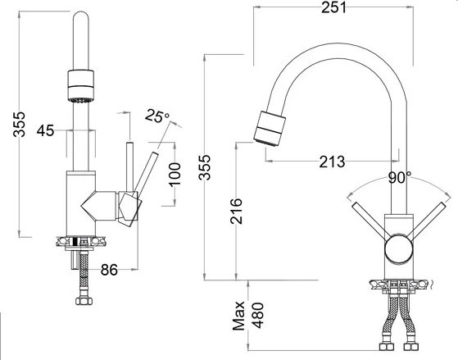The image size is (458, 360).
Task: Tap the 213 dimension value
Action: pos(332,160)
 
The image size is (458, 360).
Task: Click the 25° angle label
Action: pos(157,116)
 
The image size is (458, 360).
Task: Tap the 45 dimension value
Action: pos(46,130)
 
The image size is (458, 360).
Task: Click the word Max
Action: pos(239,315)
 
